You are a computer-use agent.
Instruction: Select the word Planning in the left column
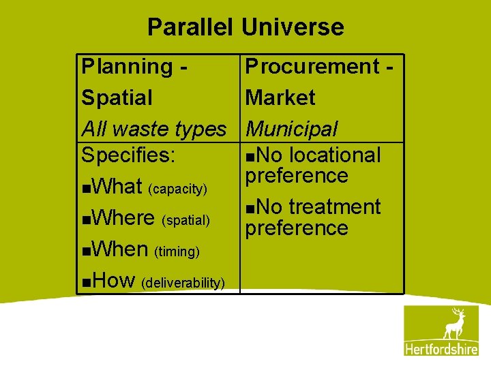coord(128,67)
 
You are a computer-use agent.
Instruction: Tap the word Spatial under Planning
coord(117,97)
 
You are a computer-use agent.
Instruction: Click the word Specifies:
coord(129,155)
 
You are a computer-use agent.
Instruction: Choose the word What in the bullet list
coord(117,186)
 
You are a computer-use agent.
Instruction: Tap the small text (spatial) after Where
coord(185,219)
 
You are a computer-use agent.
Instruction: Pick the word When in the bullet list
coord(120,249)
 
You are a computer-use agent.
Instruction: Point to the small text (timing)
coord(177,251)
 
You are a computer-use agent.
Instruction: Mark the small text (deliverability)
coord(183,282)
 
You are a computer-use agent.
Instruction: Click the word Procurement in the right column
coord(312,67)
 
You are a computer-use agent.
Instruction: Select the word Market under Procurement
coord(280,97)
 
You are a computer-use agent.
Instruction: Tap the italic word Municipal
coord(292,128)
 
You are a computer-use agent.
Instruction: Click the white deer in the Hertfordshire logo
coord(453,324)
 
